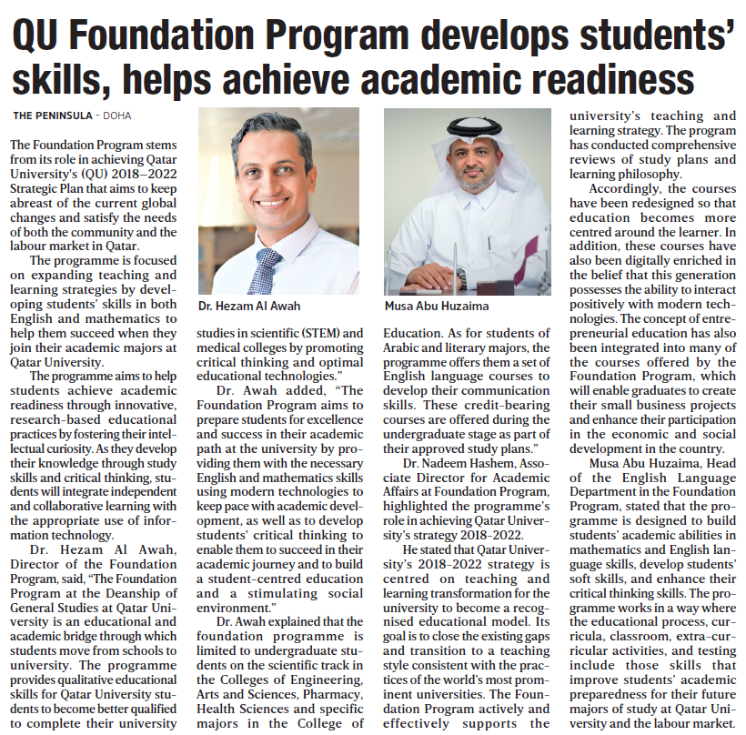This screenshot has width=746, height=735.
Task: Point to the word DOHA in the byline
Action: point(116,116)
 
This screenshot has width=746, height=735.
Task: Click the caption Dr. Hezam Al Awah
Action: point(249,306)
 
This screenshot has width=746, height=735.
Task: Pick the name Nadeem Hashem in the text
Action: point(453,464)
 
